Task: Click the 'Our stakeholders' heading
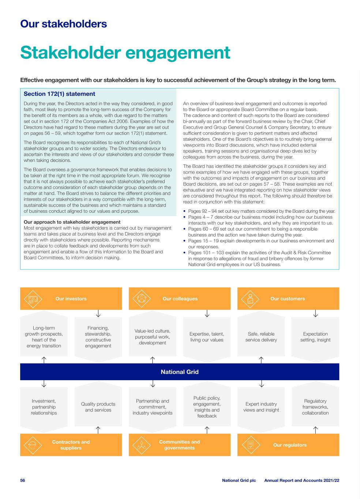(x=64, y=24)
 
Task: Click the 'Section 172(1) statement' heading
(x=59, y=94)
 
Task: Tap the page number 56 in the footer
(x=23, y=480)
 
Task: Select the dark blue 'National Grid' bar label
(x=180, y=372)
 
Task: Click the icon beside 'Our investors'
(x=33, y=299)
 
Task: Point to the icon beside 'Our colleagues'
(x=142, y=299)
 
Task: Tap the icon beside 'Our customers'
(x=250, y=299)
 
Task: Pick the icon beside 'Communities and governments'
(x=142, y=445)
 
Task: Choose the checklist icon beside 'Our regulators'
(x=251, y=445)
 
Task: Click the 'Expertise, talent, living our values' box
(x=207, y=337)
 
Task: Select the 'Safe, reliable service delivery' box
(x=261, y=337)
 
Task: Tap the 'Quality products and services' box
(x=98, y=407)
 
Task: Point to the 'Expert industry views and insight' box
(x=261, y=407)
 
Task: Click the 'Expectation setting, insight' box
(x=315, y=337)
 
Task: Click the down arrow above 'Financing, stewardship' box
(x=98, y=314)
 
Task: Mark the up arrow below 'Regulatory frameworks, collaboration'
(x=315, y=430)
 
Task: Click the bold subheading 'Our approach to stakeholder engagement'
(x=72, y=222)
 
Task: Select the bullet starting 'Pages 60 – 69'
(x=253, y=232)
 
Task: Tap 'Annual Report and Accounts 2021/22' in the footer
(x=301, y=480)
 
